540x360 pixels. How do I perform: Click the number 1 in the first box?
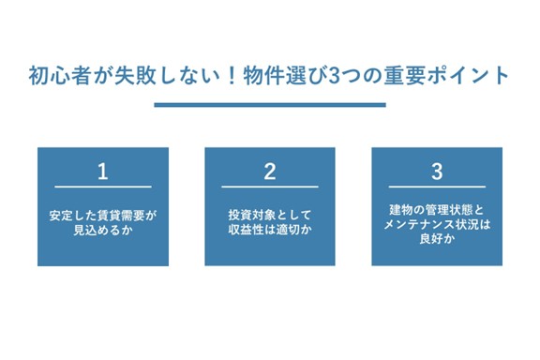pos(103,172)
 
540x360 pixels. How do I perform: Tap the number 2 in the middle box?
pos(270,172)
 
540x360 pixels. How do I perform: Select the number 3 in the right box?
pos(437,172)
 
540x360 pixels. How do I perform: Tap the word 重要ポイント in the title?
pos(450,76)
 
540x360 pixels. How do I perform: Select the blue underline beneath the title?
pos(270,105)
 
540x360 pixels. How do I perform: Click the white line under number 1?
pos(103,187)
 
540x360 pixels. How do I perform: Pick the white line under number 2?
pos(270,187)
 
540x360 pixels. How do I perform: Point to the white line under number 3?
pos(437,187)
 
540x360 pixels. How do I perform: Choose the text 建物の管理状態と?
pos(437,210)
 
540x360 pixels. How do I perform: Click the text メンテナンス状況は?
pos(437,225)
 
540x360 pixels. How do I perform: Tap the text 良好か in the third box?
pos(437,240)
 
